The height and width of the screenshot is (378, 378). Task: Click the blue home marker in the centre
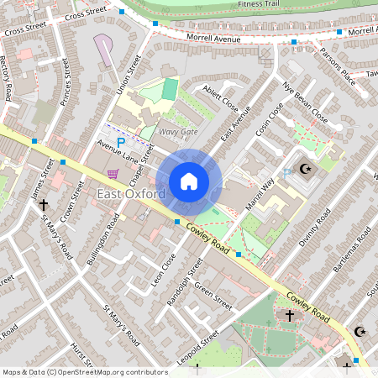coord(189,181)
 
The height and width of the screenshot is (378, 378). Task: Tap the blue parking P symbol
coord(120,143)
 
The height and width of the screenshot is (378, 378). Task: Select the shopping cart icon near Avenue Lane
coord(113,174)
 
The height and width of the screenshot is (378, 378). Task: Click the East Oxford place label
coord(130,195)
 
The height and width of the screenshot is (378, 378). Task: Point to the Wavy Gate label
coord(178,132)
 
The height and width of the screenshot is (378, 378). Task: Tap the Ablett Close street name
coord(219,102)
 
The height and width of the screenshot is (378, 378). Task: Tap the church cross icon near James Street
coord(43,204)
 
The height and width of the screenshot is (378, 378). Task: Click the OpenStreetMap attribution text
coord(85,371)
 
